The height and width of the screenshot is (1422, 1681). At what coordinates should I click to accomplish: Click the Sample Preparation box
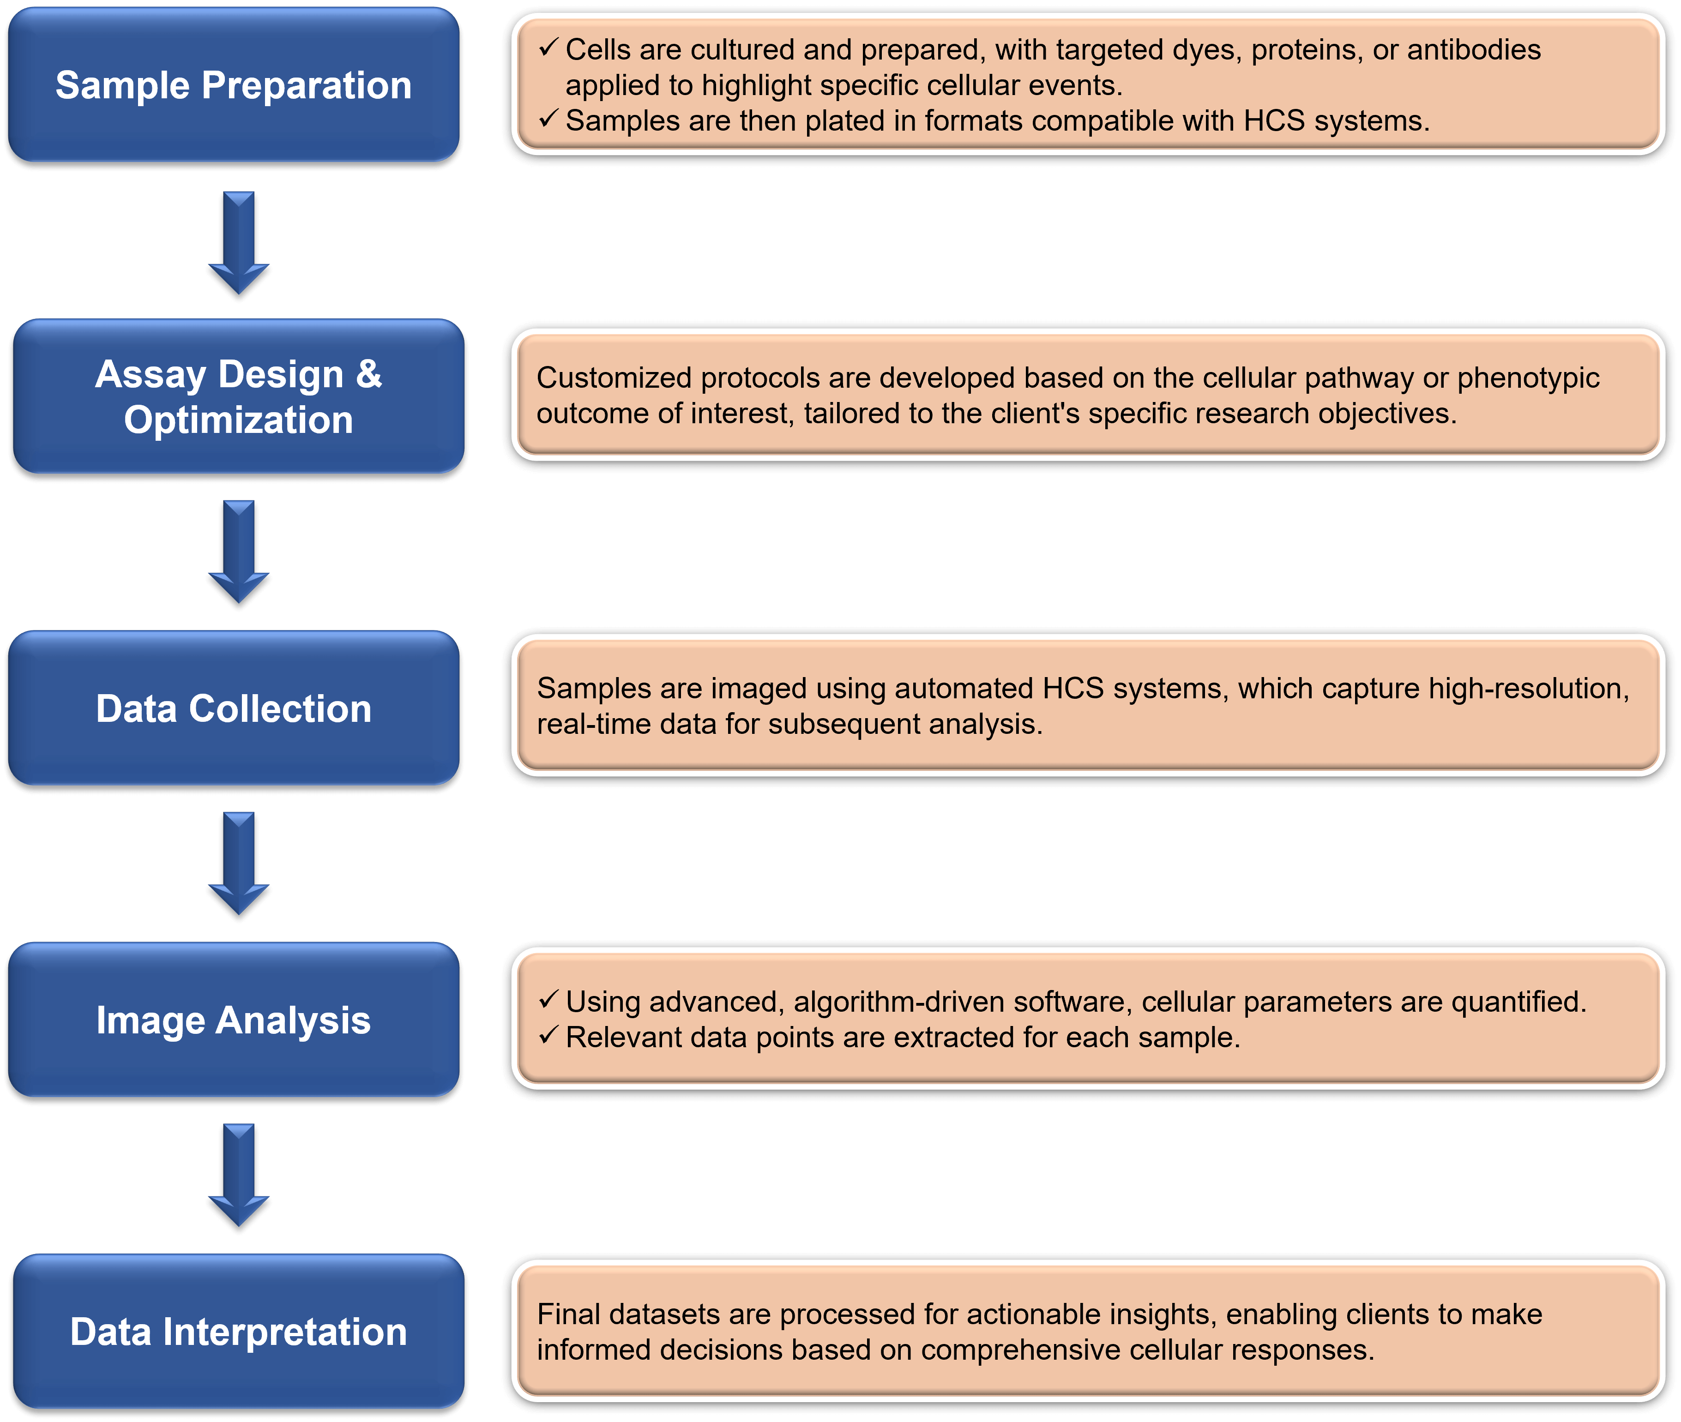tap(234, 84)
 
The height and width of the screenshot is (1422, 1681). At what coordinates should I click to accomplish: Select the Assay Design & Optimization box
tap(239, 396)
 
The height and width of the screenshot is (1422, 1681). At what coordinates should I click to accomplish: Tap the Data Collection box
tap(234, 708)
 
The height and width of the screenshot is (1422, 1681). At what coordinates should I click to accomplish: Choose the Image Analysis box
tap(234, 1019)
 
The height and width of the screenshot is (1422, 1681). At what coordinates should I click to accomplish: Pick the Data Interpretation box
tap(239, 1331)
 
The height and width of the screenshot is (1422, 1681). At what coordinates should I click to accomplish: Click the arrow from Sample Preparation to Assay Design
tap(239, 242)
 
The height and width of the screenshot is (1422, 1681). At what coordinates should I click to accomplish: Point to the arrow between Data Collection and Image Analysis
tap(239, 863)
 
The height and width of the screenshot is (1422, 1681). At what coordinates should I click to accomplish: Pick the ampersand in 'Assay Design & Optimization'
tap(368, 374)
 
